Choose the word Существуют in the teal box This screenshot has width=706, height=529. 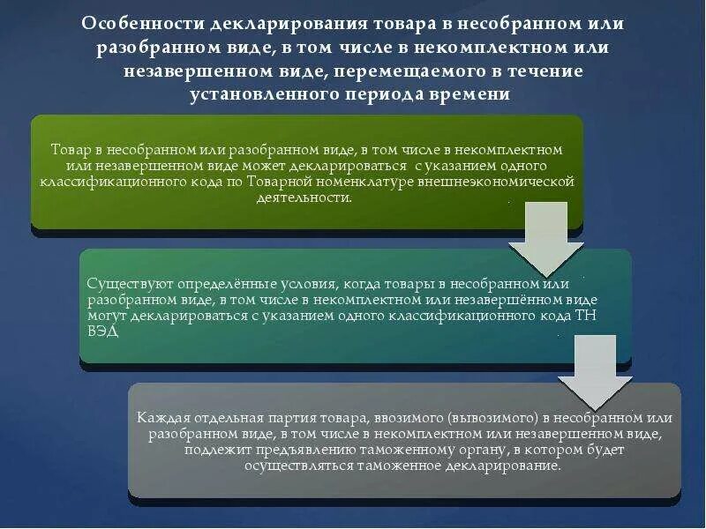click(x=124, y=285)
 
